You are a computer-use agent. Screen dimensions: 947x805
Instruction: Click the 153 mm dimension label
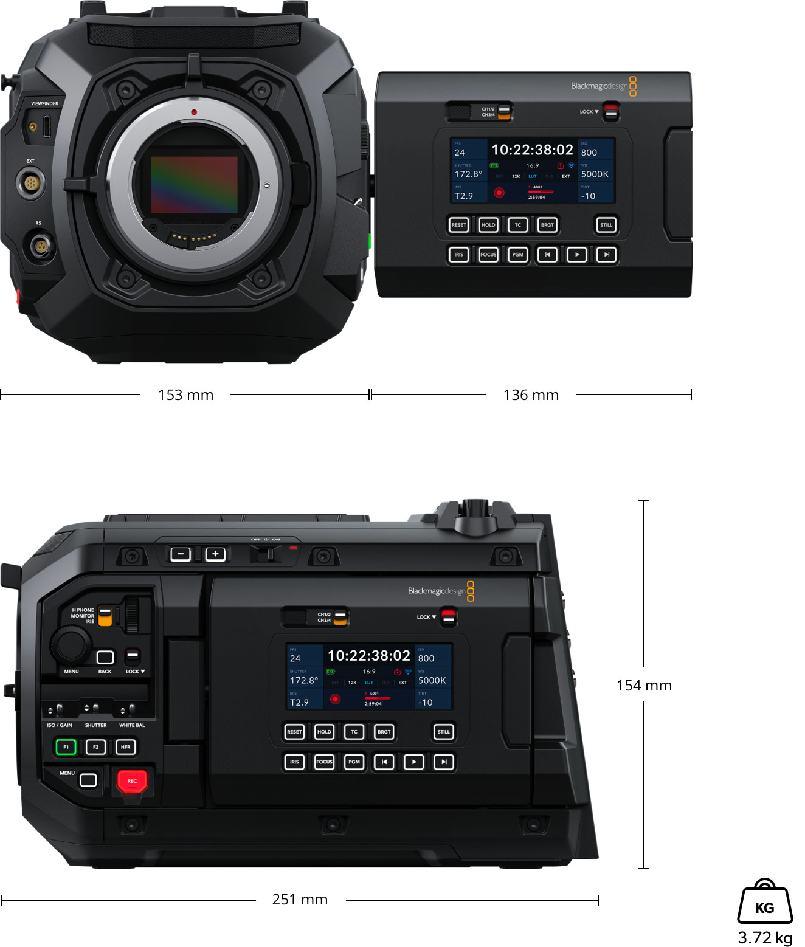coord(185,395)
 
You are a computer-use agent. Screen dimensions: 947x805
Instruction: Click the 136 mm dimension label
coord(531,395)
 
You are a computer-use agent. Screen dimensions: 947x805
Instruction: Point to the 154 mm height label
coord(644,686)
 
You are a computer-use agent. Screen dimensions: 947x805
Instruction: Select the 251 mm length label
coord(300,900)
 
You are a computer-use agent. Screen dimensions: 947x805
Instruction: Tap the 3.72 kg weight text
coord(765,937)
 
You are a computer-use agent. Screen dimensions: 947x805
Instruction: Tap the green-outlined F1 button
coord(66,747)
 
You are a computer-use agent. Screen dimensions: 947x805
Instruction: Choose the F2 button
coord(95,747)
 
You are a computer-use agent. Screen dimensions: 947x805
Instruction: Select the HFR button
coord(125,747)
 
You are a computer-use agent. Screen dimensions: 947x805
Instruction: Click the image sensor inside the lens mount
coord(194,184)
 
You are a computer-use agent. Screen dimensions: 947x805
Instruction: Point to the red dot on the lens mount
coord(193,112)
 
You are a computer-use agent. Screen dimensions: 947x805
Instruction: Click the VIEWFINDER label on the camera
coord(45,104)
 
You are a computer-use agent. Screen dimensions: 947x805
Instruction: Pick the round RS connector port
coord(40,247)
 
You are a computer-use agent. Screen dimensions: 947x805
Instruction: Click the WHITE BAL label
coord(132,725)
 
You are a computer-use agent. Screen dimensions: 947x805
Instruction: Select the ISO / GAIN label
coord(60,725)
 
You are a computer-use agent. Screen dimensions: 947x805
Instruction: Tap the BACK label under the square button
coord(105,672)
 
